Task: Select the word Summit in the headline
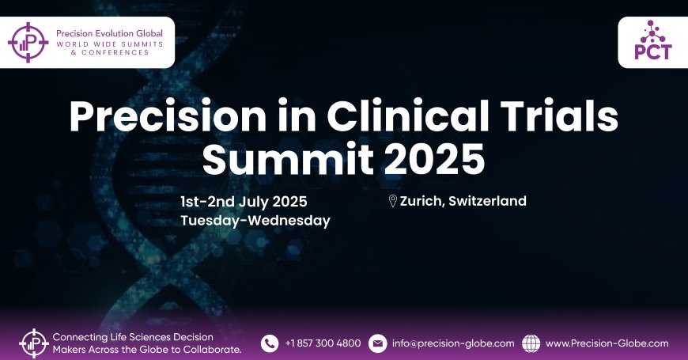point(288,158)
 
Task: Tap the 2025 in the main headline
point(434,159)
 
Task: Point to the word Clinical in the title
point(407,116)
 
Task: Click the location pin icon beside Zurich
point(393,201)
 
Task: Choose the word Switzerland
point(487,201)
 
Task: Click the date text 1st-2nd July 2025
point(244,202)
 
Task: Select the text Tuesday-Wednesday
point(255,221)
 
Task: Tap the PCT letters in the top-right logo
point(653,51)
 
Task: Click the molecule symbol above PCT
point(653,32)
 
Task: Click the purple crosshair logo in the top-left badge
point(28,42)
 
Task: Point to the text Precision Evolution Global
point(109,33)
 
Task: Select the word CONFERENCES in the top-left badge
point(115,52)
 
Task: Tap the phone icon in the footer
point(270,343)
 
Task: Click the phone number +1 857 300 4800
point(323,343)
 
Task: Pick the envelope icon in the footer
point(377,343)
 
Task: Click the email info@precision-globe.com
point(453,343)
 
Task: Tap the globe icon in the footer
point(531,343)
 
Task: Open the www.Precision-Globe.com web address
point(607,343)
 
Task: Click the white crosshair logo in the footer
point(34,343)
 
